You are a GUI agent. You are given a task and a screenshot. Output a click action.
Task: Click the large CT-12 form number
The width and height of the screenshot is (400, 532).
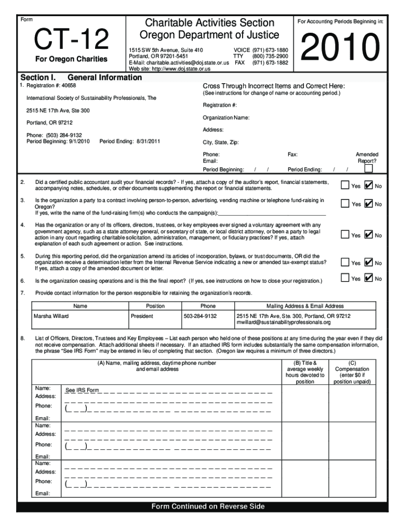(x=71, y=39)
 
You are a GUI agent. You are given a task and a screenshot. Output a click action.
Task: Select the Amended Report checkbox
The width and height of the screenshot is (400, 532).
(x=368, y=168)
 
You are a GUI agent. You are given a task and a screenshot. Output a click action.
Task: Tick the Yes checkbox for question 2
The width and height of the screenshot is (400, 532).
(x=345, y=185)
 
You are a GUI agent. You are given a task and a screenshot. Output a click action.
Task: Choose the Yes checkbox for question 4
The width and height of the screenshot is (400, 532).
(x=345, y=235)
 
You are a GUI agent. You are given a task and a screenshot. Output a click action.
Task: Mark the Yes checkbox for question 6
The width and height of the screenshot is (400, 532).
(x=345, y=278)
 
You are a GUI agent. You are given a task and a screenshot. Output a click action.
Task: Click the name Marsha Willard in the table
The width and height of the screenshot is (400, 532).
(x=51, y=316)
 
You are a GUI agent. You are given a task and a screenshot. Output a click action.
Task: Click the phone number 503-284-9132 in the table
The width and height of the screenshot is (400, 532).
(x=200, y=316)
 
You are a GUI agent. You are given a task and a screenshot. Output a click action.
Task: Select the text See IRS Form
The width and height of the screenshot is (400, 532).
(x=82, y=390)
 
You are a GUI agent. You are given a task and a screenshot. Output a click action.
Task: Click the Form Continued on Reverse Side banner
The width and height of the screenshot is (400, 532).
(x=208, y=507)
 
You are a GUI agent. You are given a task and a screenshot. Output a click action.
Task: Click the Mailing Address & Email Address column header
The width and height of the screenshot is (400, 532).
(x=305, y=306)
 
